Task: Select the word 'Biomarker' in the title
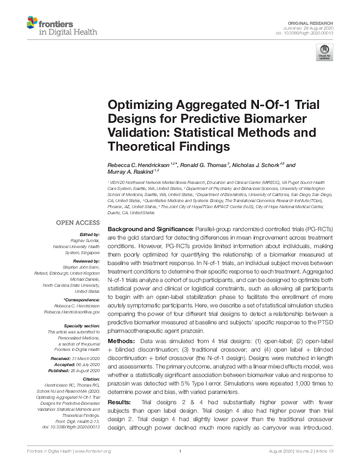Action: coord(250,118)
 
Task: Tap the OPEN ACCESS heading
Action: coord(78,223)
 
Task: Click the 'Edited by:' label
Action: coord(89,234)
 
